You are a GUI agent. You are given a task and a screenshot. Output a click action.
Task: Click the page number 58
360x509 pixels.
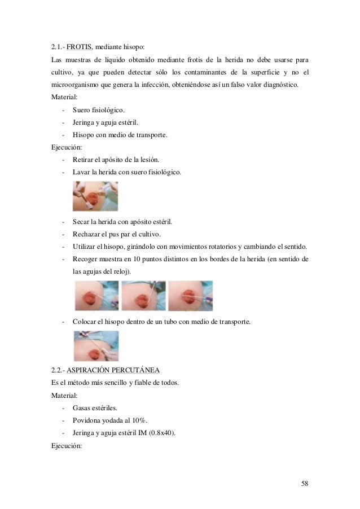click(x=305, y=484)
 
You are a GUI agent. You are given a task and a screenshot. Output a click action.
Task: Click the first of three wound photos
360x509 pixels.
click(x=96, y=296)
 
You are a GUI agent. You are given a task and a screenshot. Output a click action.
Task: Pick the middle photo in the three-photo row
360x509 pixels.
click(x=143, y=296)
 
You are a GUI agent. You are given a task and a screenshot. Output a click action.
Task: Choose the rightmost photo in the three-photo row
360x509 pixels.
click(x=190, y=296)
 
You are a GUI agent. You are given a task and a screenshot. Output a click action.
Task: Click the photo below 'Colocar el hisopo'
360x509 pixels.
click(x=96, y=345)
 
